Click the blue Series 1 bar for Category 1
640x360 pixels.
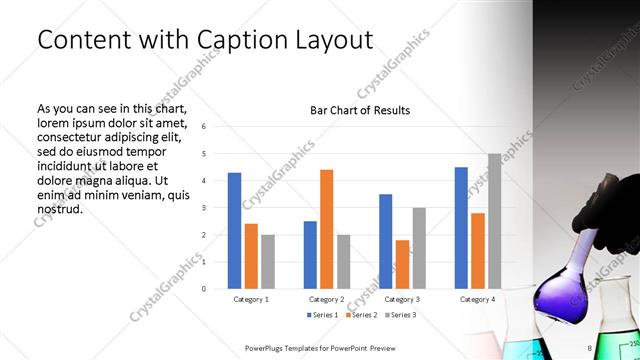(x=234, y=231)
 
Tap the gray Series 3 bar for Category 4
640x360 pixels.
(x=494, y=221)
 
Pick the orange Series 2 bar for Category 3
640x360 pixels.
(x=402, y=264)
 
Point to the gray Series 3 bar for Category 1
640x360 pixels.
(x=268, y=262)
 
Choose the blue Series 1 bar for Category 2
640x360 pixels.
(x=310, y=255)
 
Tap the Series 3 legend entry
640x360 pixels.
(x=398, y=315)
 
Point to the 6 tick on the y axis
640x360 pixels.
(x=204, y=127)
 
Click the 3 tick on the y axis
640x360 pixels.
(x=204, y=208)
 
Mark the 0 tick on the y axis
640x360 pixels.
(x=204, y=289)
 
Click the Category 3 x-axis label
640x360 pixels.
(x=402, y=299)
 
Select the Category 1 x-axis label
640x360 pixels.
(x=251, y=299)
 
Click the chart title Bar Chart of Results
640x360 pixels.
(x=360, y=110)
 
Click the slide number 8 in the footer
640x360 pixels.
(x=590, y=348)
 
